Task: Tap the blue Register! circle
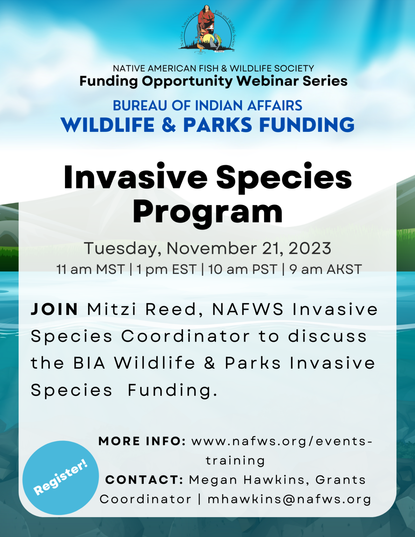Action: point(60,478)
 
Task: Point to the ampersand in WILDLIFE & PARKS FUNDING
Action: point(169,125)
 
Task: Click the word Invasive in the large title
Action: point(135,177)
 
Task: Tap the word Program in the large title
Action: point(207,212)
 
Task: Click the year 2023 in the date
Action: point(310,249)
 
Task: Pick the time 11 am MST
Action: point(91,270)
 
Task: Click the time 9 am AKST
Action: point(325,270)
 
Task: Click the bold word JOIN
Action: point(55,309)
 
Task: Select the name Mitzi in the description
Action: point(112,309)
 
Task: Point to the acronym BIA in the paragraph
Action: point(89,363)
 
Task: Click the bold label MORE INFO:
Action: point(142,441)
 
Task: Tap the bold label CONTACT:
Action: point(144,480)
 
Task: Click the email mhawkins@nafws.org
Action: point(289,499)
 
